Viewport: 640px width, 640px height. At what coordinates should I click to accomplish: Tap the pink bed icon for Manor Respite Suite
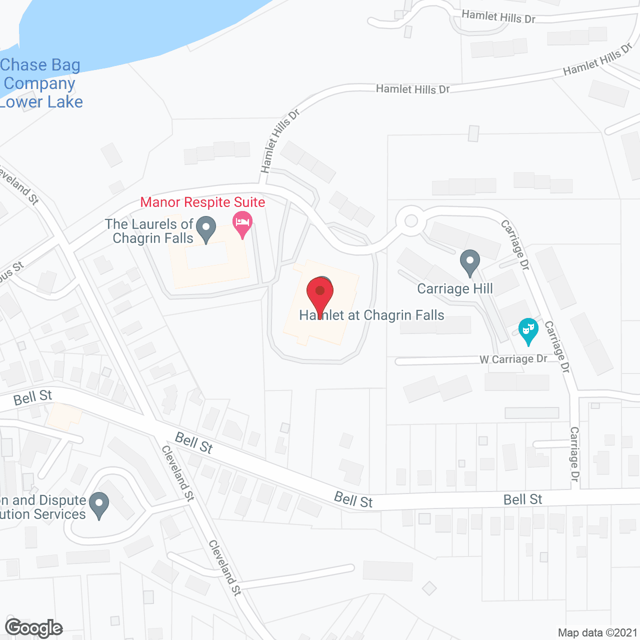tap(242, 224)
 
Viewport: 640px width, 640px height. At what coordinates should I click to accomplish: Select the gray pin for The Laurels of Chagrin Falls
tap(205, 229)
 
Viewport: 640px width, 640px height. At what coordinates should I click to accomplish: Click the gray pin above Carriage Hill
tap(469, 262)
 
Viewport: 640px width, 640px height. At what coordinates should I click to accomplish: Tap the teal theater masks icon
tap(528, 330)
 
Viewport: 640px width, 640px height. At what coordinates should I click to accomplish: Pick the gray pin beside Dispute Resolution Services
tap(99, 504)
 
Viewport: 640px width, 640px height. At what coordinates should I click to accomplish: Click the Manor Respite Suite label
tap(202, 202)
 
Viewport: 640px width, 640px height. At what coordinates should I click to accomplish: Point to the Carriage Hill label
tap(455, 289)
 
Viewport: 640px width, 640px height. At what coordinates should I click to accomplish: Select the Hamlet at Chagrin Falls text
tap(372, 315)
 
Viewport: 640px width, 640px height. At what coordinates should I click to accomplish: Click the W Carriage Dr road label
tap(513, 359)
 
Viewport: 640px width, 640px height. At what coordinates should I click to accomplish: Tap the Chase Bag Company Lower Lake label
tap(40, 83)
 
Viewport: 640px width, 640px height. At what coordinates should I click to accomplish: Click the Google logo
tap(33, 628)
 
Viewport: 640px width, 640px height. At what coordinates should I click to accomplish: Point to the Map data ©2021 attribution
tap(597, 632)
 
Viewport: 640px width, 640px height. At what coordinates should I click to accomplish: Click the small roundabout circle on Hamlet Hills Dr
tap(411, 220)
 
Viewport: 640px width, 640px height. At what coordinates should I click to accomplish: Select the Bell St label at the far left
tap(32, 398)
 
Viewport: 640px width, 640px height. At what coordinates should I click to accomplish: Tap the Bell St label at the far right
tap(522, 499)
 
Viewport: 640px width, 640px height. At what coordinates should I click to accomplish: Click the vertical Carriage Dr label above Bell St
tap(574, 454)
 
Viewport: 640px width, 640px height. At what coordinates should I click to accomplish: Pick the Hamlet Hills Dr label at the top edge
tap(498, 17)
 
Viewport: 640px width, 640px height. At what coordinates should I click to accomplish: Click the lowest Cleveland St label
tap(225, 568)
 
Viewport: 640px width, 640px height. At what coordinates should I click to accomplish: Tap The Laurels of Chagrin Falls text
tap(149, 231)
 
